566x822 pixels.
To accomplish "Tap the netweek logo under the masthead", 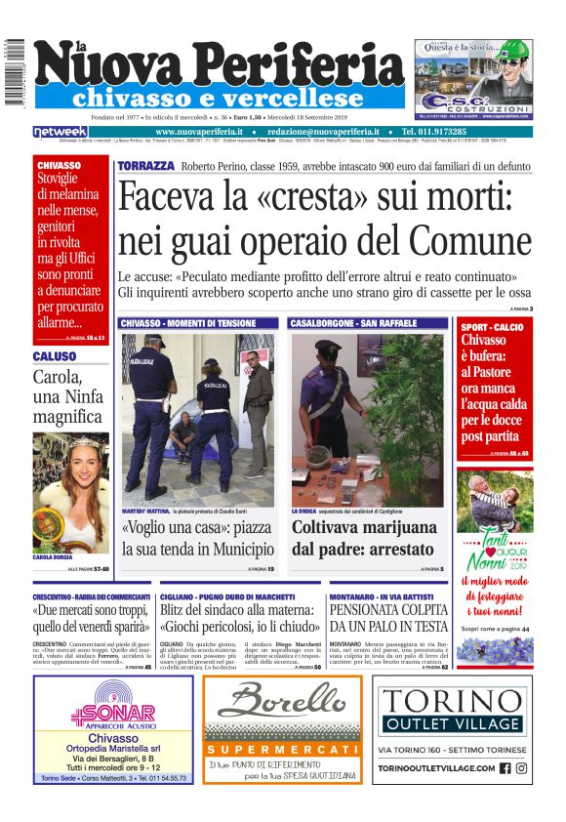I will click(x=60, y=131).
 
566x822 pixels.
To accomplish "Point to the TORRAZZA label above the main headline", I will click(x=145, y=167).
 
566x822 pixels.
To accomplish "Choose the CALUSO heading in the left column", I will click(x=55, y=357).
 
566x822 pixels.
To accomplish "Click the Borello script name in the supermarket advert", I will click(x=281, y=702).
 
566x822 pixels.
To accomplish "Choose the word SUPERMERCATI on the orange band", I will click(x=281, y=749).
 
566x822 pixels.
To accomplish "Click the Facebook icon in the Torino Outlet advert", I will click(x=505, y=767).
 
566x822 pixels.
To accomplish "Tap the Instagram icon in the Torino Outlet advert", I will click(x=521, y=767).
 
